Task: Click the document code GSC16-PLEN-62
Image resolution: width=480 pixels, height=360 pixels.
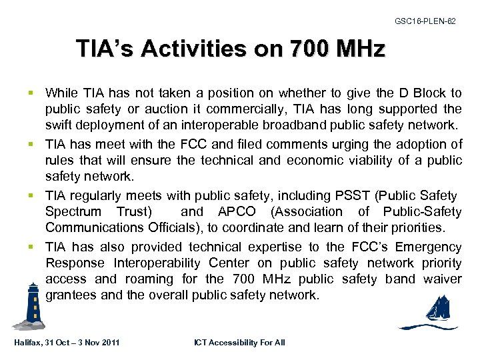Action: [425, 21]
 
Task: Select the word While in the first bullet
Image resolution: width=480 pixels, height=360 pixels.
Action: [61, 93]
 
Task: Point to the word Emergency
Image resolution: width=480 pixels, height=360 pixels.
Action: [430, 247]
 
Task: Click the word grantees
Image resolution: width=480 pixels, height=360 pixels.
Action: [70, 295]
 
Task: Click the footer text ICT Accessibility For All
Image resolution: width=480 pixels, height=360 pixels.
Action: [239, 343]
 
